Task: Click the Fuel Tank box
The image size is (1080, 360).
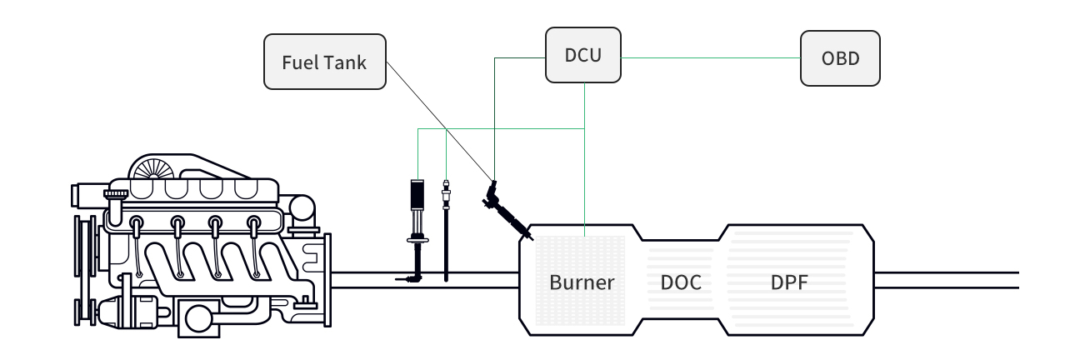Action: pos(324,62)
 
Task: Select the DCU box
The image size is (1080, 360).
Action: pos(582,55)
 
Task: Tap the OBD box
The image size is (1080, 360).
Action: pos(840,58)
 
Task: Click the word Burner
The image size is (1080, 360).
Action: pos(582,282)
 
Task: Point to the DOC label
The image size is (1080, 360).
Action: pos(681,282)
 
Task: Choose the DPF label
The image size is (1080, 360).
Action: pos(789,282)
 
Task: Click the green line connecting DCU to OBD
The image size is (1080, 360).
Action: pos(711,57)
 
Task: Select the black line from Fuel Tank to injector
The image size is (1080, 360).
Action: pos(440,122)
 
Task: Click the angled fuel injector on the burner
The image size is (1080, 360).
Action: pos(507,210)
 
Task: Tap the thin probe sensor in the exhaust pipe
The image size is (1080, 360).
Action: pos(446,230)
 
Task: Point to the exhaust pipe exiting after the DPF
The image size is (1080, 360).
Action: pos(947,280)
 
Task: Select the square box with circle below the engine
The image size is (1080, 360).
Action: pos(198,317)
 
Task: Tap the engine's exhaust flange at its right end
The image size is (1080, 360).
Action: pos(327,280)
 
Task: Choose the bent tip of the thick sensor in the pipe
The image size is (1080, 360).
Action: pos(408,278)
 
